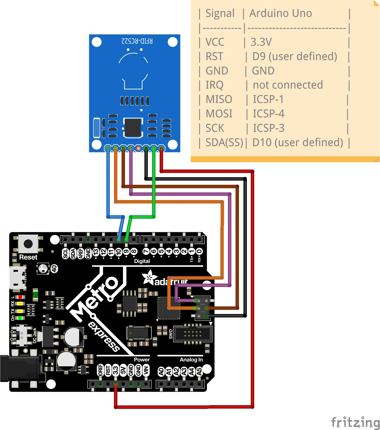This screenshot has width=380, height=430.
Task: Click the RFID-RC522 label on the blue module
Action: tap(137, 41)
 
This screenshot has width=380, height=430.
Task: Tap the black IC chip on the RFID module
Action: tap(133, 128)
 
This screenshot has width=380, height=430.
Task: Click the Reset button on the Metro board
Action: tap(28, 243)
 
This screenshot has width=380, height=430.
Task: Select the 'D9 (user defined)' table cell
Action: tap(295, 56)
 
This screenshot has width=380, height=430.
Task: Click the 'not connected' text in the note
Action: tap(287, 85)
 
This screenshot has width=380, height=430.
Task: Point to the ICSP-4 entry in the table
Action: tap(268, 114)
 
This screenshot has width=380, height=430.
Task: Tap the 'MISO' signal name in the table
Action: tap(219, 99)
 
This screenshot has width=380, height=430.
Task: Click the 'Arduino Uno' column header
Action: tap(280, 13)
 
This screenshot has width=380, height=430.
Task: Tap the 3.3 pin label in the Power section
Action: tap(116, 370)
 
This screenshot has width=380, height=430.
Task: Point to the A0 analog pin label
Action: tap(161, 372)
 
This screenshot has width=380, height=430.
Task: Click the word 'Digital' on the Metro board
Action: tap(142, 261)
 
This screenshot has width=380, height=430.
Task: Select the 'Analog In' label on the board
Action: tap(191, 359)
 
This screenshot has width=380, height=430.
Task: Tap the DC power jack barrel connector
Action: tap(20, 368)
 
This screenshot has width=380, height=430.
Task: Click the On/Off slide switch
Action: tap(21, 335)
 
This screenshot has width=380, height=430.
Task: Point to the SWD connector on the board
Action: tap(193, 334)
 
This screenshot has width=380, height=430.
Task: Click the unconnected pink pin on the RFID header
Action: tap(138, 148)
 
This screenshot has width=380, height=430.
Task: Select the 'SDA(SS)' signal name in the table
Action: tap(224, 142)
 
